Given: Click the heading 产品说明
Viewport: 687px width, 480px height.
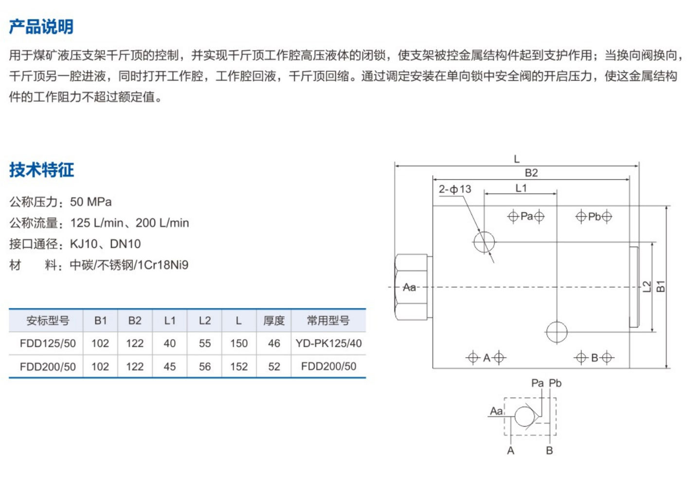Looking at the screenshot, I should coord(41,27).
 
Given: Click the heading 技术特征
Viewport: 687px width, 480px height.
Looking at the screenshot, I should coord(41,170).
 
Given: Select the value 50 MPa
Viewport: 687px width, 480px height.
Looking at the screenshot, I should coord(91,202).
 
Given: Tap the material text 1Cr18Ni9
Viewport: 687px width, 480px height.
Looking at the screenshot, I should coord(163,265).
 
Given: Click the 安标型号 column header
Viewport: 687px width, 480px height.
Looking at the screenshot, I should coord(47,321).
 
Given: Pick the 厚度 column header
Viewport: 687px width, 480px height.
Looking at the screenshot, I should coord(273,321).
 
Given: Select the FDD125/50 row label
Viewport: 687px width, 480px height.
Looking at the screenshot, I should coord(48,343).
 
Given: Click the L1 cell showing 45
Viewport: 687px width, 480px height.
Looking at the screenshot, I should coord(170,367).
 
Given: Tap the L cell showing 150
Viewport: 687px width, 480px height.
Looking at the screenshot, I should coord(239,343).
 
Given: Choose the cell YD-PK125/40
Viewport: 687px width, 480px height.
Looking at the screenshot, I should coord(328,343).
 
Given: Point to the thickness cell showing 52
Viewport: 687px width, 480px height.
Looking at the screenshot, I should coord(274,367).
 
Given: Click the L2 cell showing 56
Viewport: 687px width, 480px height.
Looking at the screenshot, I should coord(205,367).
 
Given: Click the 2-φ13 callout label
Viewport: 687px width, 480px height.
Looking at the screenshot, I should coord(455,189).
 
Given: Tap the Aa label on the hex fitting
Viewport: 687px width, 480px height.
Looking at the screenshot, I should coord(410,288).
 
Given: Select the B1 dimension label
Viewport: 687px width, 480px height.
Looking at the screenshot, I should coord(661,287).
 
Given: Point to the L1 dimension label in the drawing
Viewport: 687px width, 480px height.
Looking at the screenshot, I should coord(521,188).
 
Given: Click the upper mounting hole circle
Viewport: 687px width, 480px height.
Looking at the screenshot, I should coord(484,242).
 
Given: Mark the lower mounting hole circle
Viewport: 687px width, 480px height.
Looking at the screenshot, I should coord(557,332).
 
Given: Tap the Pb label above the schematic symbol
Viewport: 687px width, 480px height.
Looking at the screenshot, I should coord(555,383).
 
